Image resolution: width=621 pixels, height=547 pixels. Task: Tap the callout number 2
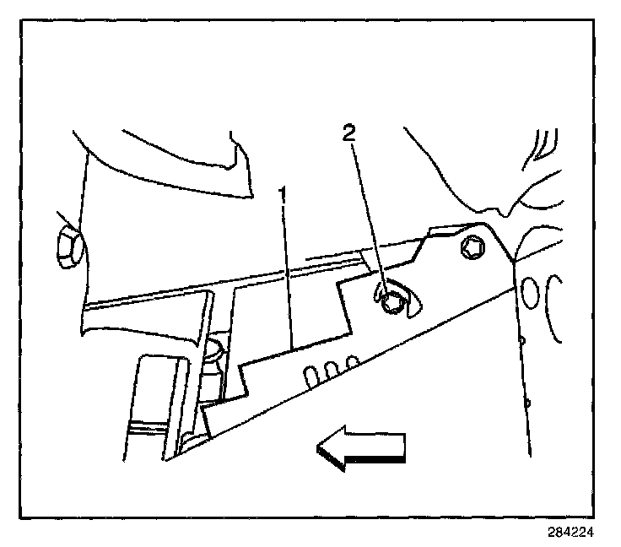tap(349, 133)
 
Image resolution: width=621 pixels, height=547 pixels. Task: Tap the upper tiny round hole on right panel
tap(521, 340)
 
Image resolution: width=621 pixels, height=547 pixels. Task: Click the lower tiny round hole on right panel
tap(526, 403)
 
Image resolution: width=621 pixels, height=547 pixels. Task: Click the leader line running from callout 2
tap(369, 219)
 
